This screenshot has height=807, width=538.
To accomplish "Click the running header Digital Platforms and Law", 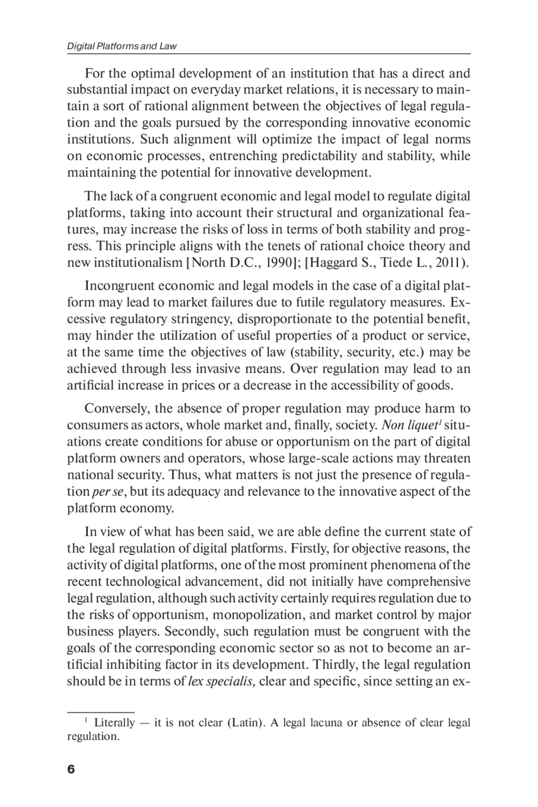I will tap(121, 46).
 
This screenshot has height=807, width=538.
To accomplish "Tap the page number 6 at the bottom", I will tap(71, 769).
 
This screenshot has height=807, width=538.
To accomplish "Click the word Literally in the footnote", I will tap(114, 723).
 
